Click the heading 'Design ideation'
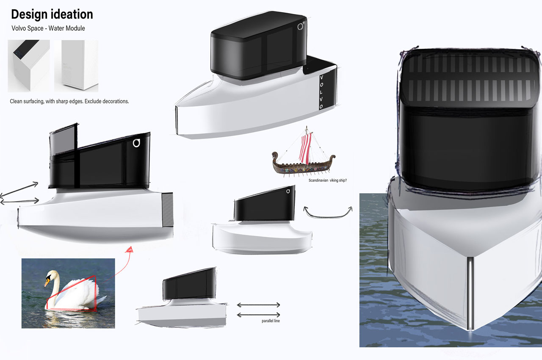point(52,14)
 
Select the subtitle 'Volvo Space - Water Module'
point(48,28)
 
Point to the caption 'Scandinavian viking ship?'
point(328,180)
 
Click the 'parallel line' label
point(271,321)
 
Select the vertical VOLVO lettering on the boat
point(321,92)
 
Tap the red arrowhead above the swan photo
point(130,249)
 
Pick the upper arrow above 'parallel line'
point(258,305)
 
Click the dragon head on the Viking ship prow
point(275,155)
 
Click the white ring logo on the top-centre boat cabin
point(300,26)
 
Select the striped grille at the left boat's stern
point(167,210)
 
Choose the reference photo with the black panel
point(29,66)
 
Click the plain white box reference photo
point(76,66)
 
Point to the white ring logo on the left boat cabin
point(136,143)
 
